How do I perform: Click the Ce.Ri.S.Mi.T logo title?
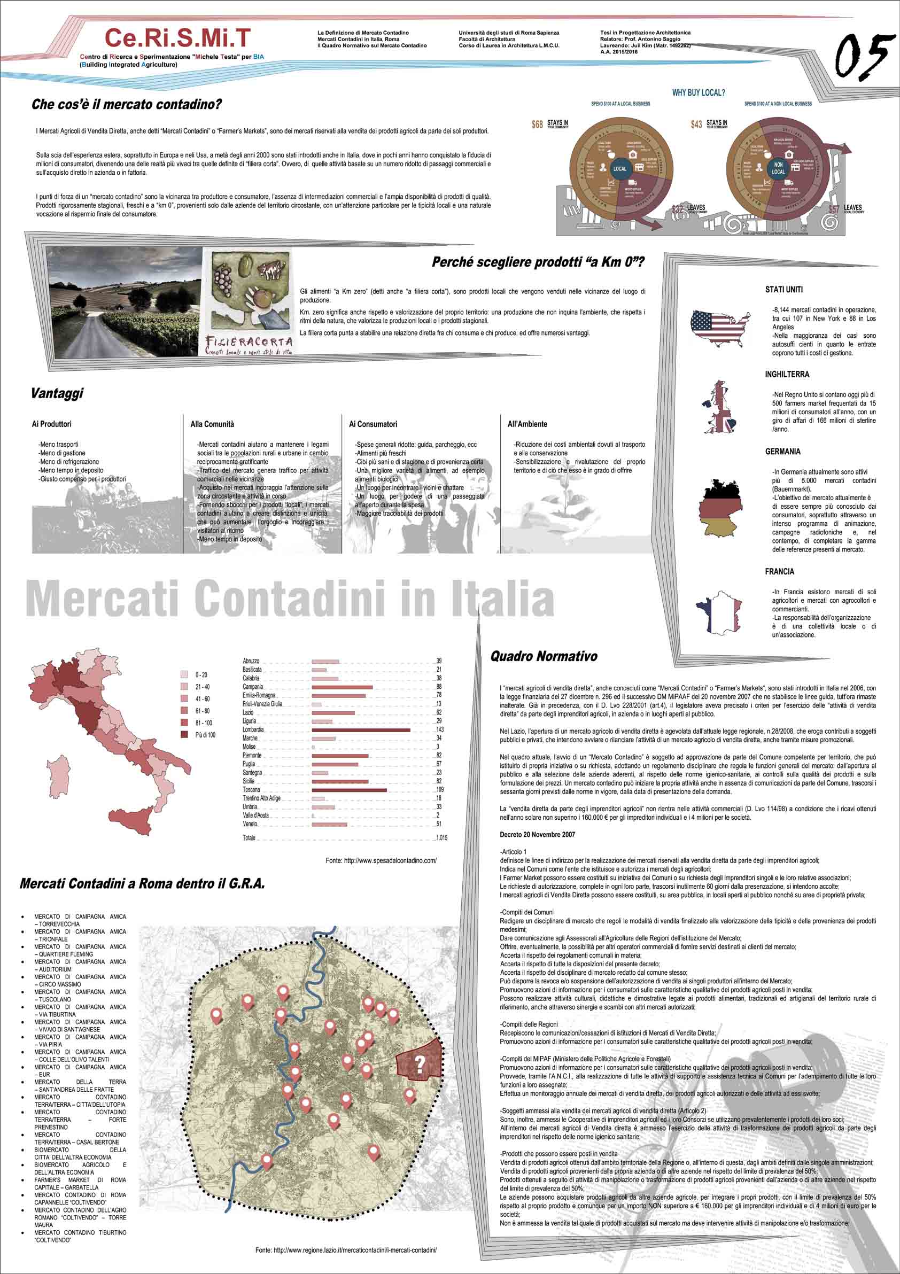pos(177,38)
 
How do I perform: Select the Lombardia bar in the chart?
pos(361,729)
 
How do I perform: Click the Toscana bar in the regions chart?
pos(349,790)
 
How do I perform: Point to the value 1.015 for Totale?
pos(441,838)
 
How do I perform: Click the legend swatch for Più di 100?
pos(184,735)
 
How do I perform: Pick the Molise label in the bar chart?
pos(249,747)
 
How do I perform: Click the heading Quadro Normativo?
pos(543,656)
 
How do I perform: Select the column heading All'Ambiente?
pos(526,424)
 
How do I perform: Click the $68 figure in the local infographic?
pos(537,125)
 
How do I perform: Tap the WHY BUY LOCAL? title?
pos(698,92)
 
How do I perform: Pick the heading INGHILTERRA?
pos(787,375)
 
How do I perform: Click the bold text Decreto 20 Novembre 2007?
pos(537,835)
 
